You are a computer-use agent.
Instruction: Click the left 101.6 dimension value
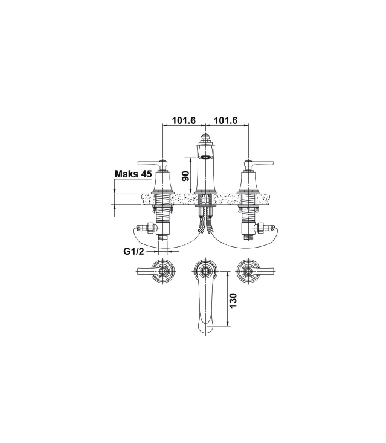pyautogui.click(x=184, y=120)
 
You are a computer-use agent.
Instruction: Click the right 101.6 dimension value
pyautogui.click(x=226, y=120)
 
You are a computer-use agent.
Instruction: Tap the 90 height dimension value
pyautogui.click(x=185, y=176)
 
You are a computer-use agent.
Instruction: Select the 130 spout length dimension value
pyautogui.click(x=233, y=300)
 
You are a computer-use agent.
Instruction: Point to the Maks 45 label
pyautogui.click(x=133, y=174)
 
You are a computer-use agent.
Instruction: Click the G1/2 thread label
pyautogui.click(x=133, y=251)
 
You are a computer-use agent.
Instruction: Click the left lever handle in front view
pyautogui.click(x=151, y=163)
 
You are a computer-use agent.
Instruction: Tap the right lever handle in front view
pyautogui.click(x=259, y=163)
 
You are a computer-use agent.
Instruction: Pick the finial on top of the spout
pyautogui.click(x=205, y=138)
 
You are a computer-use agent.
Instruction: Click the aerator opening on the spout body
pyautogui.click(x=205, y=157)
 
